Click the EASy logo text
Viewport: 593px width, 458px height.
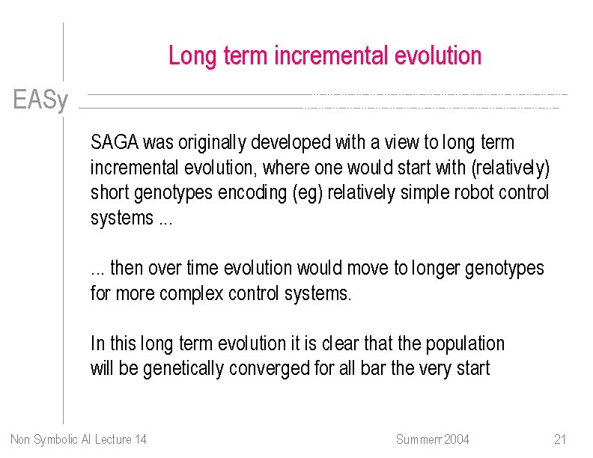click(x=40, y=100)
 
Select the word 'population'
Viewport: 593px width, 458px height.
click(x=465, y=343)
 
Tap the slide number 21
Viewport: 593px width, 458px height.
click(x=560, y=439)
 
